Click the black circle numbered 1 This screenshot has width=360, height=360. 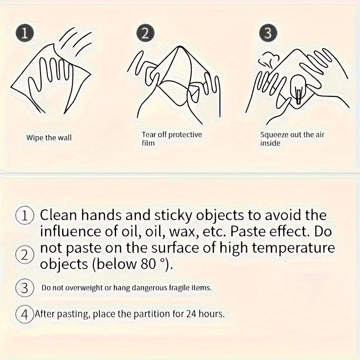click(x=25, y=33)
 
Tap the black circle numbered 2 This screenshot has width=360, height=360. click(x=145, y=33)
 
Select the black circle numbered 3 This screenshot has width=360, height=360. click(x=268, y=33)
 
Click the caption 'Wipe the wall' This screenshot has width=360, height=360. click(x=49, y=138)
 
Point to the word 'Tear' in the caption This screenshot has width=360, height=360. click(x=149, y=135)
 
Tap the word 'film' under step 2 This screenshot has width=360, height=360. click(x=148, y=143)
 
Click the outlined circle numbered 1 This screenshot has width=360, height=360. click(x=25, y=216)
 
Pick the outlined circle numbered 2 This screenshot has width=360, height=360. click(x=25, y=255)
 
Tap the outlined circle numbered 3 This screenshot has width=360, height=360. click(x=25, y=288)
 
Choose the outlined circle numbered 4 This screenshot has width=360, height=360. click(x=25, y=314)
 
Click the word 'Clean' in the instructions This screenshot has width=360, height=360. click(x=58, y=215)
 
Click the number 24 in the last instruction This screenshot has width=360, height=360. click(x=190, y=314)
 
